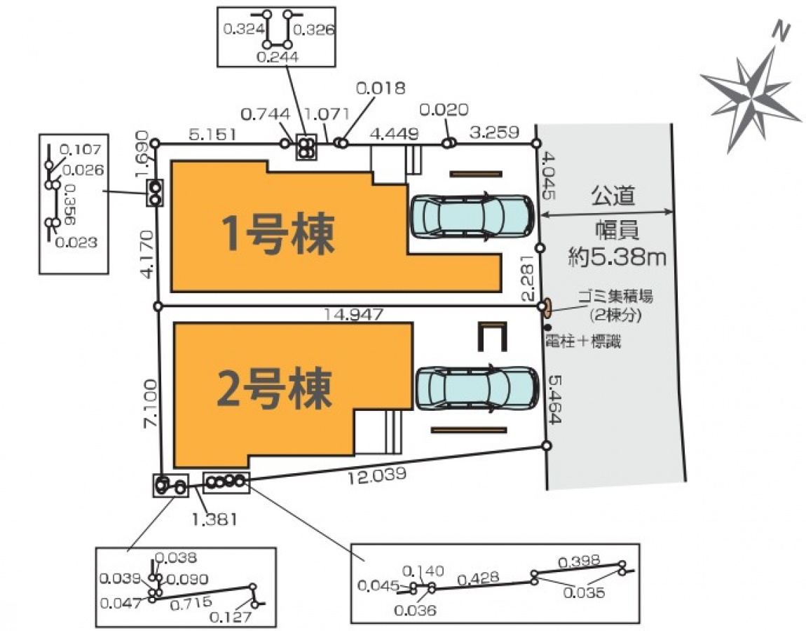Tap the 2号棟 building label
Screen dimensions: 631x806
pyautogui.click(x=274, y=389)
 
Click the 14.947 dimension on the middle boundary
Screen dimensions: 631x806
pyautogui.click(x=353, y=315)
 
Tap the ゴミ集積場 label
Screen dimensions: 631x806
pyautogui.click(x=615, y=297)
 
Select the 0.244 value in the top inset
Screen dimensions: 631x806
pyautogui.click(x=278, y=57)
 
